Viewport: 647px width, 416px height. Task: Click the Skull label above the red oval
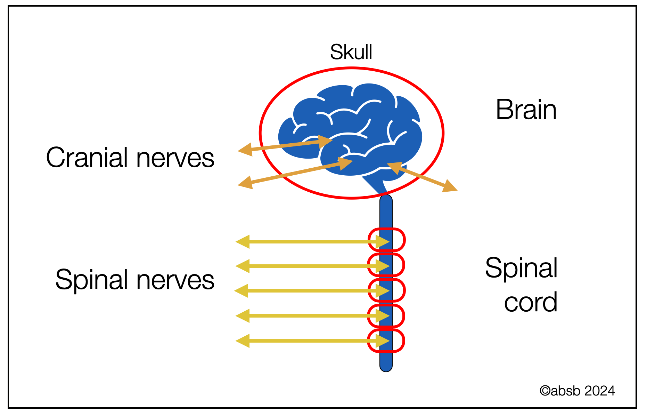coord(351,52)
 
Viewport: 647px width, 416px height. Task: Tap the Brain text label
coord(526,110)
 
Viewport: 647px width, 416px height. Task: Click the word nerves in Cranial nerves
coord(175,158)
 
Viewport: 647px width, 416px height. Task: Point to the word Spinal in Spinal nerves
coord(93,280)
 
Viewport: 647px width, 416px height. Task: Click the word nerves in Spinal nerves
coord(175,281)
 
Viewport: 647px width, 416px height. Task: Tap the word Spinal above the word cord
coord(521,268)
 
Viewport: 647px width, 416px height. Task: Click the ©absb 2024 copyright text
coord(577,391)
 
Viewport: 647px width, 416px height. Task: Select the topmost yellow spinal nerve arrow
coord(312,241)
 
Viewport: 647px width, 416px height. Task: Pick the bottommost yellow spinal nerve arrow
coord(312,341)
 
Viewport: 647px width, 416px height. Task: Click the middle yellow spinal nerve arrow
coord(312,291)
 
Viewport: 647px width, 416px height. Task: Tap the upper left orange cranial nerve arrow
coord(285,145)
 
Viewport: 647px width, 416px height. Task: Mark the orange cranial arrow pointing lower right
coord(422,177)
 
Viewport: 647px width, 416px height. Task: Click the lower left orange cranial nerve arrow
coord(295,173)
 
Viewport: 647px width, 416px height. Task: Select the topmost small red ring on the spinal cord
coord(386,240)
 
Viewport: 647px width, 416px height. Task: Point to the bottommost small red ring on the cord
coord(386,341)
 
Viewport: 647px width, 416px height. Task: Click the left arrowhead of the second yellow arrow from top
coord(243,266)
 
